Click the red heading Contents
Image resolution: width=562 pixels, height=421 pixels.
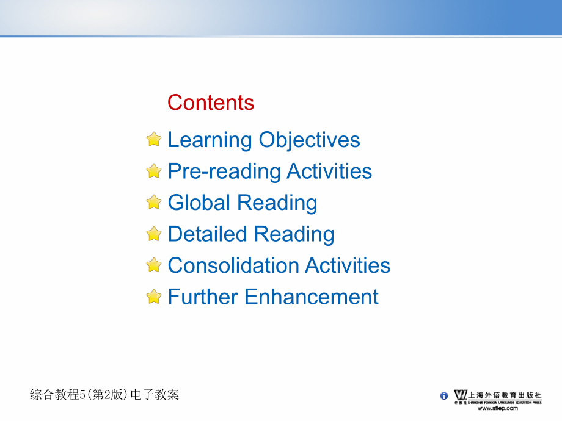211,103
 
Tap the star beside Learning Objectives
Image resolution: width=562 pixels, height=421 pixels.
154,139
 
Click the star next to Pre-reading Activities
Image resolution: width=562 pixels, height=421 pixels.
154,171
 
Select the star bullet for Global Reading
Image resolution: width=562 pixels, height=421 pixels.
154,203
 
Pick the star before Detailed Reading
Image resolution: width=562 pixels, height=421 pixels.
154,234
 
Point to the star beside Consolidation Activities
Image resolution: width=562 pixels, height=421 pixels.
154,265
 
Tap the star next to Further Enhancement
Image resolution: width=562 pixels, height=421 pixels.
154,297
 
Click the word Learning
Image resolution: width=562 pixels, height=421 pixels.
210,140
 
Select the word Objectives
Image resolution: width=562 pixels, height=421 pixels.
309,140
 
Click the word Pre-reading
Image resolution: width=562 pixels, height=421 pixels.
224,172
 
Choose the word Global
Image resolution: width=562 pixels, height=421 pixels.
199,203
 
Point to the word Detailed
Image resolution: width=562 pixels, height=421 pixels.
208,234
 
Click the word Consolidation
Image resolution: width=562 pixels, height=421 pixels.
234,265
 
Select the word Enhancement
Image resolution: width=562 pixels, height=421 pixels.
312,297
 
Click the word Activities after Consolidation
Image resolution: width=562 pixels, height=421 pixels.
348,265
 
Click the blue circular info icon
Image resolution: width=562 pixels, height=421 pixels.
443,395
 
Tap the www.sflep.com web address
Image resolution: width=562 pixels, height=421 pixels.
498,408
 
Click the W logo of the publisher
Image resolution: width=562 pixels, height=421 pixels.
461,395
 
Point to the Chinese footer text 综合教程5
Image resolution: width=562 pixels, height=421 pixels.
57,395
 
